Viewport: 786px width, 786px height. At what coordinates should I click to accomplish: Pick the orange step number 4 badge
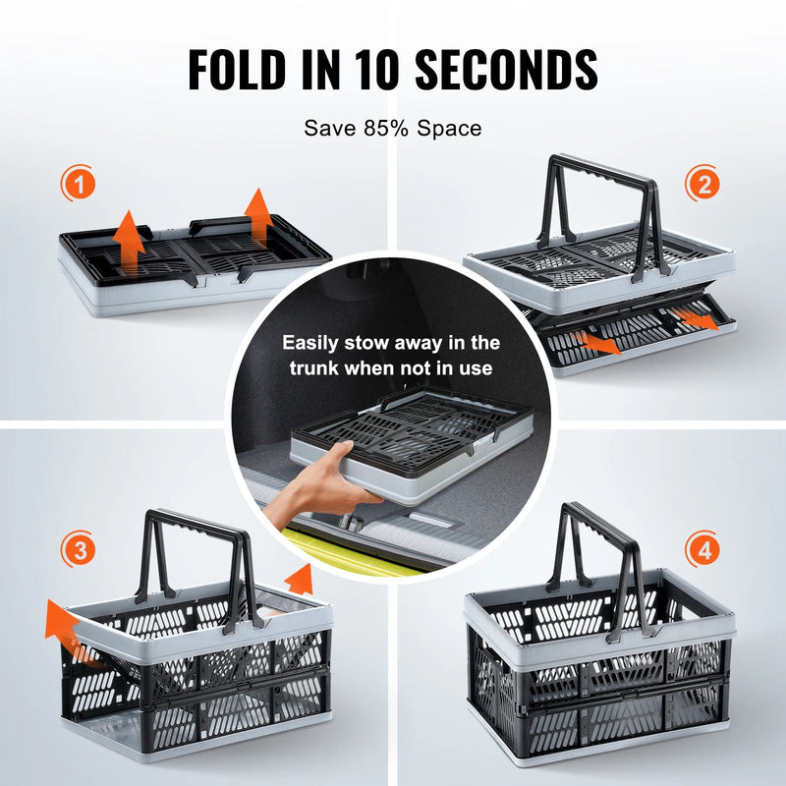pyautogui.click(x=703, y=552)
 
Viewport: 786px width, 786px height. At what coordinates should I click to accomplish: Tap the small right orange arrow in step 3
pyautogui.click(x=299, y=579)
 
